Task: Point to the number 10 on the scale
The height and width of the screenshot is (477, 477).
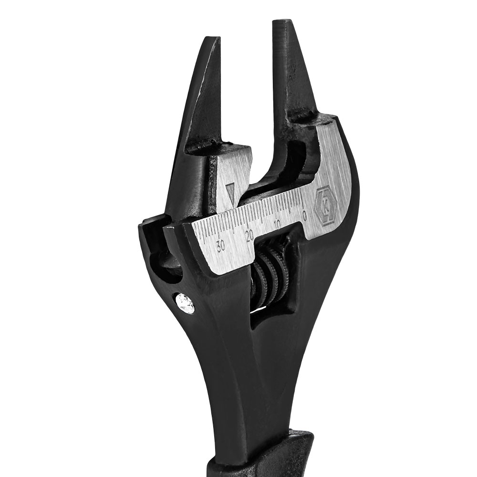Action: click(x=277, y=224)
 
